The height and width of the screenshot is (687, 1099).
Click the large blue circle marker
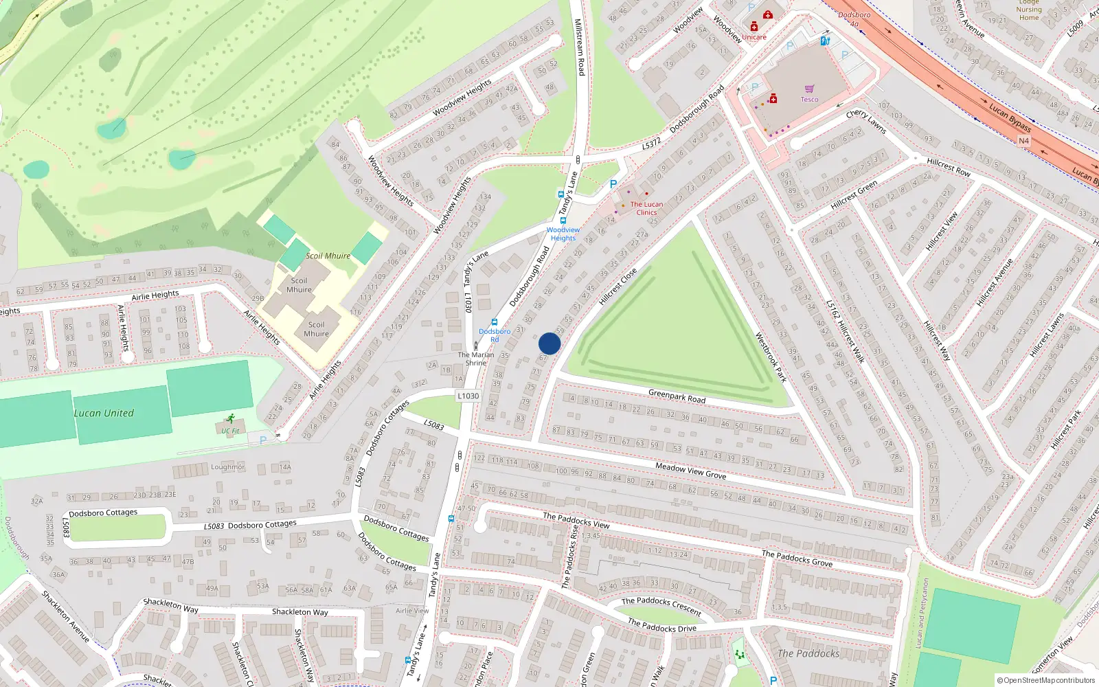click(x=549, y=343)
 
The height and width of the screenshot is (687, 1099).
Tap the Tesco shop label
click(x=809, y=100)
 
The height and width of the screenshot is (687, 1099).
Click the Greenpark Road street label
click(x=677, y=396)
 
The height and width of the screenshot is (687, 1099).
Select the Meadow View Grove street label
click(x=690, y=471)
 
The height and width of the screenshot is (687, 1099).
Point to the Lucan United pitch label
click(x=104, y=413)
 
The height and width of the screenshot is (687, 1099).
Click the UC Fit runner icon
click(x=231, y=418)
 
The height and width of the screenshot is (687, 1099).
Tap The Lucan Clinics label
click(x=646, y=208)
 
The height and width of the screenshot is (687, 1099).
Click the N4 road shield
click(x=1023, y=141)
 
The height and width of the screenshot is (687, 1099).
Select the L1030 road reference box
click(x=468, y=396)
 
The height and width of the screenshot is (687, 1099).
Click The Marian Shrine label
click(x=476, y=359)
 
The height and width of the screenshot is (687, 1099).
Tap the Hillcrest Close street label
click(x=618, y=287)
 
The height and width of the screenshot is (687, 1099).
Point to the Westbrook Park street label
click(x=771, y=357)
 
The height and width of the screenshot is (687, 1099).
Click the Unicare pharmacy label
click(x=754, y=37)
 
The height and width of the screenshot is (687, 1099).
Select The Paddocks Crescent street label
click(x=661, y=606)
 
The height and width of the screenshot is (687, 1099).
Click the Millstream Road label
click(x=579, y=47)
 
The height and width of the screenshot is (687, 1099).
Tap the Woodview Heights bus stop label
click(x=563, y=234)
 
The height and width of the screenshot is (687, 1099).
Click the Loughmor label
click(x=227, y=467)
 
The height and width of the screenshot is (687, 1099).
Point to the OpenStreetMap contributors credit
click(x=1045, y=680)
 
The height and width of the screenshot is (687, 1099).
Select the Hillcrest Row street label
click(x=949, y=167)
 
